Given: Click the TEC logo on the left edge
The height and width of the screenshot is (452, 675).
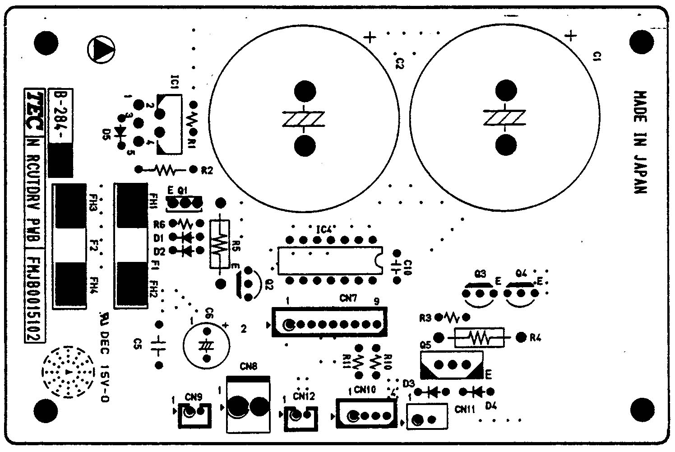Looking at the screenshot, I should coord(34,111).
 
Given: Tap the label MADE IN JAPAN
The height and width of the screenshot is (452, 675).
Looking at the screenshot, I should coord(640,142).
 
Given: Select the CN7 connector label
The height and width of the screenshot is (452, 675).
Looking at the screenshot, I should coord(348,298).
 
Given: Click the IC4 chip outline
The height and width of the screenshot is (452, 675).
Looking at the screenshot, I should coord(330,261).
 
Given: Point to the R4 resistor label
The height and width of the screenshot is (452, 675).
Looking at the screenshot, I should coord(535,337).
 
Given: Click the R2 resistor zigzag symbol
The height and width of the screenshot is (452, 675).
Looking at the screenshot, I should coord(165,170).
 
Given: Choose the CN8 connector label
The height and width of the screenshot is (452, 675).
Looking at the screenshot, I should coord(249,367).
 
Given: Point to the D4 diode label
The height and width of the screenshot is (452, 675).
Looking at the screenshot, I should coord(491,406).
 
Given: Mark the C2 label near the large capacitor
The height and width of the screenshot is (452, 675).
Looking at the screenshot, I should coord(399,63).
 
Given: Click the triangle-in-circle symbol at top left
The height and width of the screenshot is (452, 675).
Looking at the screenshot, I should coord(101,49).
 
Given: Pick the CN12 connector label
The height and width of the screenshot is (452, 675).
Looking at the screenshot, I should coord(304,396).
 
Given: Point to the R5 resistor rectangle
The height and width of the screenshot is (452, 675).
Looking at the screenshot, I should coord(219,244).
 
